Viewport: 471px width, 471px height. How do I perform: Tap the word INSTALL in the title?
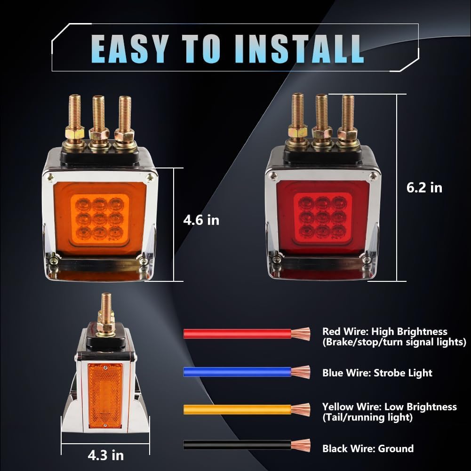299,48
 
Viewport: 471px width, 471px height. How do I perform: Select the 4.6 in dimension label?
201,220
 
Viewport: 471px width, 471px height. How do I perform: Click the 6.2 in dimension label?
424,187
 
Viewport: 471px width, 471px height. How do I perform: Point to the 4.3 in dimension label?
106,455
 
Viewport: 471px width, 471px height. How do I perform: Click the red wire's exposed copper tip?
301,334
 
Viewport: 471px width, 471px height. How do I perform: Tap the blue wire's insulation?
237,372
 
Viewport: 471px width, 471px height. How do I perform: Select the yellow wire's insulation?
237,409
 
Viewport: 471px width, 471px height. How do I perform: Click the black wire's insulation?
237,445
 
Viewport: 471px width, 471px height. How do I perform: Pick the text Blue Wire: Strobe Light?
377,373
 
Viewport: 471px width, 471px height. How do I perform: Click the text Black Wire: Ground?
368,448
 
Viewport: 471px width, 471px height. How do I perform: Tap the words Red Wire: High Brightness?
385,331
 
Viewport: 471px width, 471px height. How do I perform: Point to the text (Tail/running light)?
367,417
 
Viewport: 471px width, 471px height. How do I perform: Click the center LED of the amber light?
100,219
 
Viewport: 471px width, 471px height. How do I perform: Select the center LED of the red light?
323,217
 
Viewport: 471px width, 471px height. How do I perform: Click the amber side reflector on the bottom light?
105,396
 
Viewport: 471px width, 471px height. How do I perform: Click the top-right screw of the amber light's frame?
149,178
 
